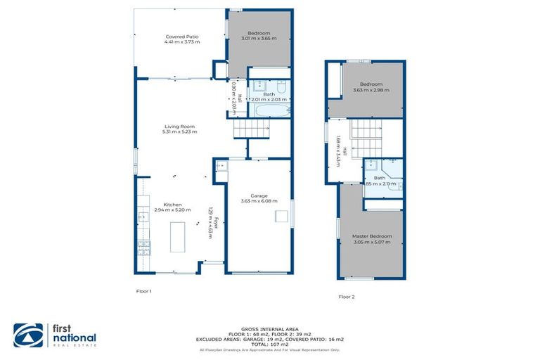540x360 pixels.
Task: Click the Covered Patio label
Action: click(183, 37)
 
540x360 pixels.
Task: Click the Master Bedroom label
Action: click(372, 236)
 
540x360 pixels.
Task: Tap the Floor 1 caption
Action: click(143, 290)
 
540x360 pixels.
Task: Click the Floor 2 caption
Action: click(347, 297)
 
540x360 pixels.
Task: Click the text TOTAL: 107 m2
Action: click(269, 345)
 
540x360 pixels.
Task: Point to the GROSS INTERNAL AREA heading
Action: click(269, 329)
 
